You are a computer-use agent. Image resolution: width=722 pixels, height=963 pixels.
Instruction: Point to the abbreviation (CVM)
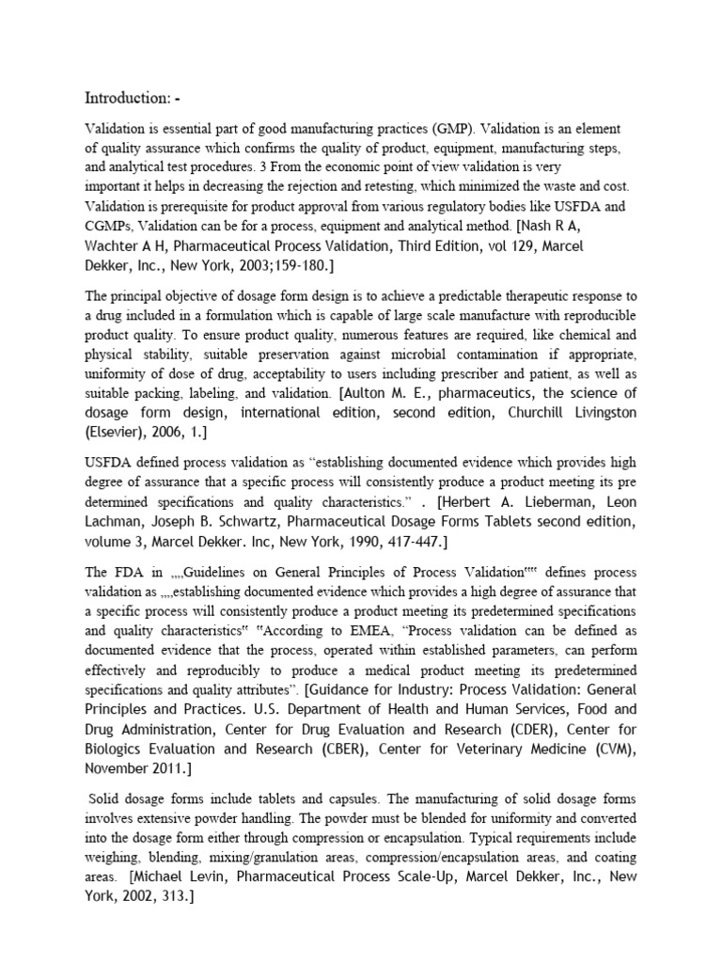point(617,752)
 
